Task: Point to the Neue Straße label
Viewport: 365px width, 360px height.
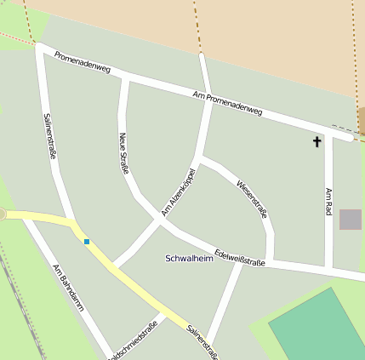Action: (124, 153)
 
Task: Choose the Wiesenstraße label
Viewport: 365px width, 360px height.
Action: (253, 198)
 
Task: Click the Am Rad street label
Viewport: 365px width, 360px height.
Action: (328, 202)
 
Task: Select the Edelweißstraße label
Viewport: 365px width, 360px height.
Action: (241, 257)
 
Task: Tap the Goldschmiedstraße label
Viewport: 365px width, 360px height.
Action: (136, 340)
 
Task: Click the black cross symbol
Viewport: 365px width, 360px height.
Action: (317, 141)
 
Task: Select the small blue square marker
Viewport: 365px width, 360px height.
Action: (86, 242)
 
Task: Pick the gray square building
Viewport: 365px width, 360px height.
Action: (350, 219)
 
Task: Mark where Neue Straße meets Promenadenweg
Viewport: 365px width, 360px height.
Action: (126, 78)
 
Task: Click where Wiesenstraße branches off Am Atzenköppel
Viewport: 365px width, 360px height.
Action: (199, 158)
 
